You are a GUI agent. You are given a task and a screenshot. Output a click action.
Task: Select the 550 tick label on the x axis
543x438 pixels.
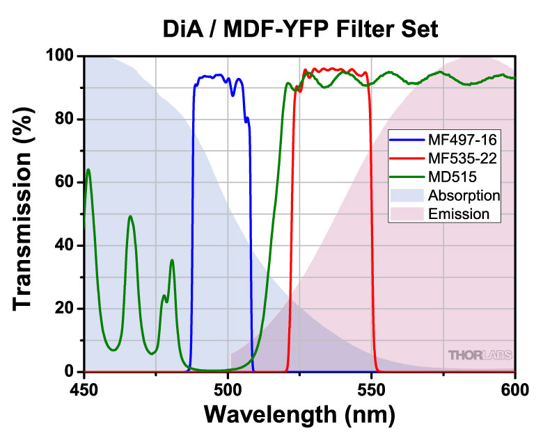[371, 389]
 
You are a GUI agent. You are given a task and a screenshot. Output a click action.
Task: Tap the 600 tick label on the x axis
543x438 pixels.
[514, 389]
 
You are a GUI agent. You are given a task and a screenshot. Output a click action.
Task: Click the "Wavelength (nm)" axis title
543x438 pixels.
[299, 415]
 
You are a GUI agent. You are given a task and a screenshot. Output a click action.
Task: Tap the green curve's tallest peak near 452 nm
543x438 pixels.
[88, 170]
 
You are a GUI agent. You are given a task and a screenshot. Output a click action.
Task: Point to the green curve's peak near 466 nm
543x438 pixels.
[130, 216]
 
